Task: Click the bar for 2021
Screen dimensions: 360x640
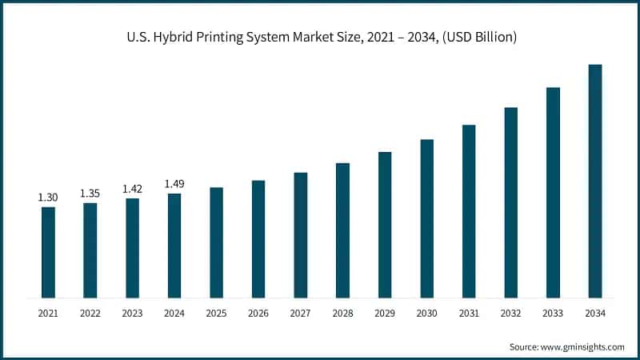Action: pos(48,252)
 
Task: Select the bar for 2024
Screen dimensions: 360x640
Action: pos(174,246)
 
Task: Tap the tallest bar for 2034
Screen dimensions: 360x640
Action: pos(595,181)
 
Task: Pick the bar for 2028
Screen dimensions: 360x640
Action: pos(342,230)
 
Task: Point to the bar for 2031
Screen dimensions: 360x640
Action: pos(469,211)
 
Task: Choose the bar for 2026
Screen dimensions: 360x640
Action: pos(258,239)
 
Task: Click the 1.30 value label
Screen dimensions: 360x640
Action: pos(48,197)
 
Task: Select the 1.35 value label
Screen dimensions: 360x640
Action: pos(90,193)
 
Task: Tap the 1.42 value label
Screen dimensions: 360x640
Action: pos(132,189)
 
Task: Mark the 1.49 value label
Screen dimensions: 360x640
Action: pos(174,184)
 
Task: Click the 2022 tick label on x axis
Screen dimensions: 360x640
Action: pos(90,314)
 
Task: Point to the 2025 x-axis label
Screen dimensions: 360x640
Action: pos(216,314)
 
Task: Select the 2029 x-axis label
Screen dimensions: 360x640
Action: pos(385,314)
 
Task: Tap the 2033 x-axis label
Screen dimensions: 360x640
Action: pos(553,314)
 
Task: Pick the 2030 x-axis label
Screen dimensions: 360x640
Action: pos(426,314)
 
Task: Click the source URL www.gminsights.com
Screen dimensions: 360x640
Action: pos(582,346)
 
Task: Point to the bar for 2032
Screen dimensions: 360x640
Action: pos(510,202)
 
